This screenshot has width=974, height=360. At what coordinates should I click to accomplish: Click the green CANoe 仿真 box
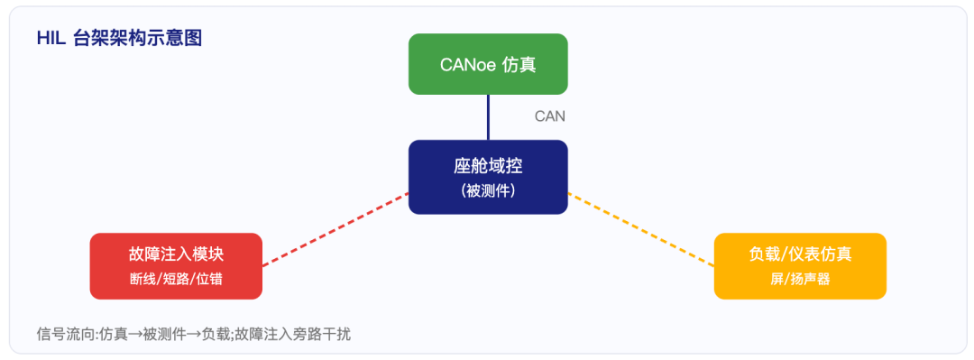(488, 64)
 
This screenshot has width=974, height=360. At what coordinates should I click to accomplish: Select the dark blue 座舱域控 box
(488, 177)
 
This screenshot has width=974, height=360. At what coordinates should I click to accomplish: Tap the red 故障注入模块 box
(176, 266)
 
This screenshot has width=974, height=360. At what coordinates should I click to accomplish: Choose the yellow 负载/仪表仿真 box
(800, 266)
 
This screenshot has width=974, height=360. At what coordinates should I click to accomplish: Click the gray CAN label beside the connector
(550, 116)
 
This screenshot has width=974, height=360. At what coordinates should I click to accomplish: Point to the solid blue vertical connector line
(488, 117)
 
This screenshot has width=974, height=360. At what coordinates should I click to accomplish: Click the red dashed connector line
(335, 229)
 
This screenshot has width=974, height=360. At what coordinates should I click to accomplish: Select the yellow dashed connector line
(641, 229)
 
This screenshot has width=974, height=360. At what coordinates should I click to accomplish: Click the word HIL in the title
(51, 39)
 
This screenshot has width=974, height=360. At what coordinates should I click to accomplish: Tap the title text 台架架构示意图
(137, 39)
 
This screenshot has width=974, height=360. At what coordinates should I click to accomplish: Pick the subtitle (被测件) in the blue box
(488, 191)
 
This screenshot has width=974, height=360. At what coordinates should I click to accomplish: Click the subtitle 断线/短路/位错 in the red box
(176, 280)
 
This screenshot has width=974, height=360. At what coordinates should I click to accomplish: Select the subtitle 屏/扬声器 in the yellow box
(800, 280)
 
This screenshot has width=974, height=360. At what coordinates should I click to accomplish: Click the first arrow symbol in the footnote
(135, 335)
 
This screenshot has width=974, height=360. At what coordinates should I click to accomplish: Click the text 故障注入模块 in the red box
(176, 254)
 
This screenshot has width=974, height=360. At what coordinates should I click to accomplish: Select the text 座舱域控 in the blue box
(488, 167)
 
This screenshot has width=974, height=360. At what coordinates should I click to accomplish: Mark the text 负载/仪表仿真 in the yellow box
(800, 254)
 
